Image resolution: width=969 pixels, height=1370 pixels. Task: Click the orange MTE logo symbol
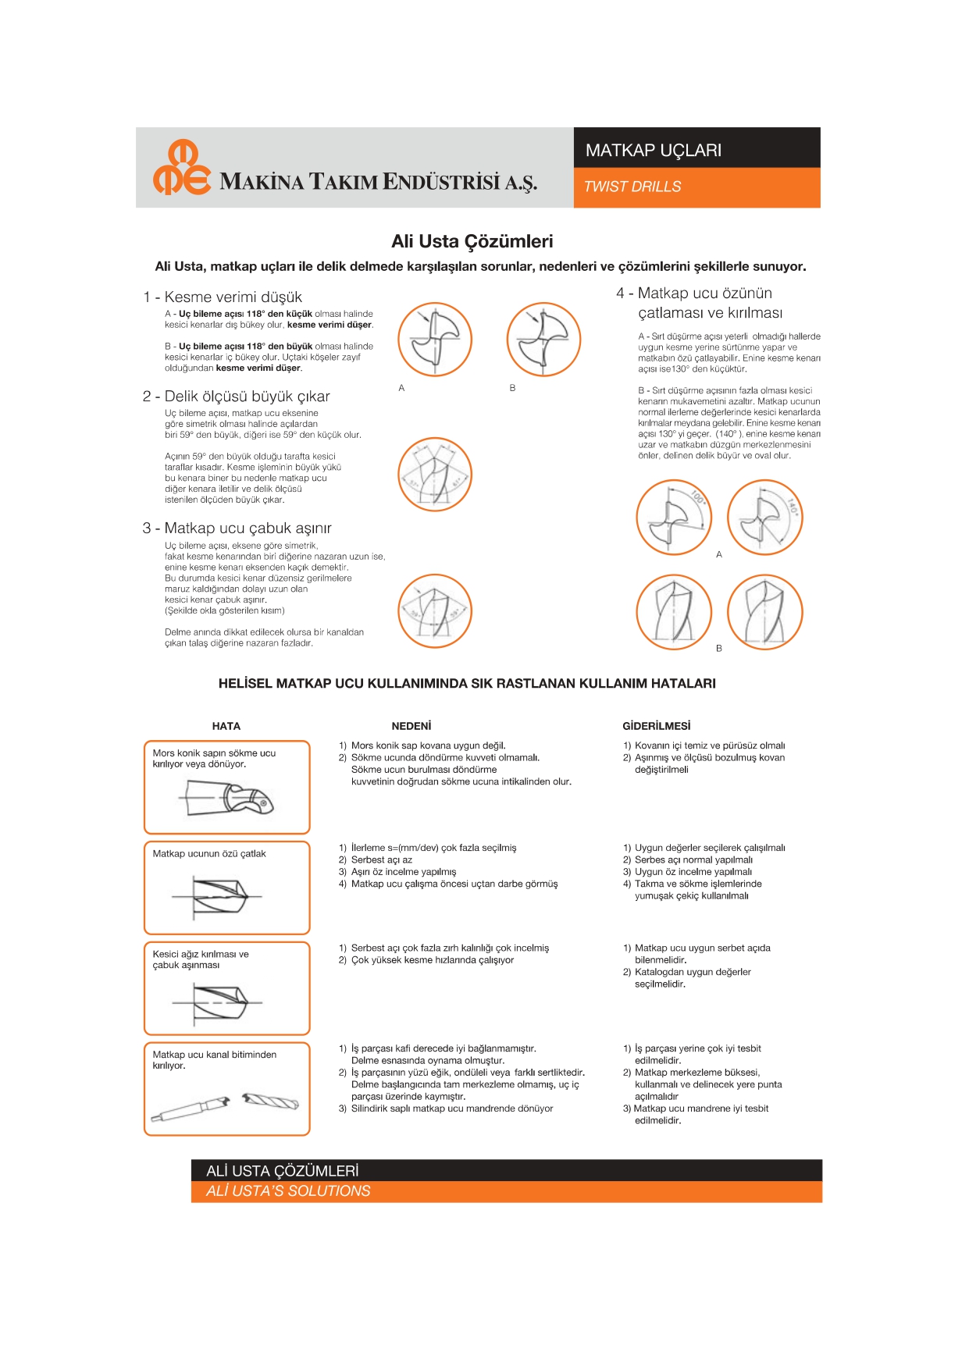181,168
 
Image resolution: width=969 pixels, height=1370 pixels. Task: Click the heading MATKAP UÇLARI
653,150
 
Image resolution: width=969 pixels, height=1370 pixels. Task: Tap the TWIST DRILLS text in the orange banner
632,187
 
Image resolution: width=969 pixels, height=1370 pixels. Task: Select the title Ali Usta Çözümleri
472,241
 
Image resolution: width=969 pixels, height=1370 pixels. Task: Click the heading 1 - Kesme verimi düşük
223,297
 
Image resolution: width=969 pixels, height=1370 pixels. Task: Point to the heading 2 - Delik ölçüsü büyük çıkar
237,396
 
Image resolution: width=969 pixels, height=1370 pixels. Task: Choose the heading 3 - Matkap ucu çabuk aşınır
237,528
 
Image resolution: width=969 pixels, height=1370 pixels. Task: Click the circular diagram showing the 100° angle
673,518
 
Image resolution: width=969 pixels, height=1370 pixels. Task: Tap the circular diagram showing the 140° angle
764,518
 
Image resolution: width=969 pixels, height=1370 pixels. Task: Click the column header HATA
226,726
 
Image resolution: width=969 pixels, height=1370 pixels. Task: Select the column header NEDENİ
411,726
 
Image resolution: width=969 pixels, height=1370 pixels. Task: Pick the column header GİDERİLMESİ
656,726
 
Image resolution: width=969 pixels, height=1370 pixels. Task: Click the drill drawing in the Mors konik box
227,799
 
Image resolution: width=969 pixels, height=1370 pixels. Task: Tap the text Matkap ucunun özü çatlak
209,853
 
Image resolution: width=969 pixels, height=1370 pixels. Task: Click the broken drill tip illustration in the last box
269,1101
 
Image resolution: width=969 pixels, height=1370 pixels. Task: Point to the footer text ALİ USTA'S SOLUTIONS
288,1190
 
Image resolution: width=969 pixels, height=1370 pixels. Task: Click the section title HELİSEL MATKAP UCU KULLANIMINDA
467,683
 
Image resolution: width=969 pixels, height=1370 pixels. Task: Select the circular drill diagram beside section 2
435,474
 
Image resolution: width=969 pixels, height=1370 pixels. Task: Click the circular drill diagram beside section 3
435,610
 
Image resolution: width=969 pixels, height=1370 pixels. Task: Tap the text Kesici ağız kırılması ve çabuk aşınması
201,959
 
